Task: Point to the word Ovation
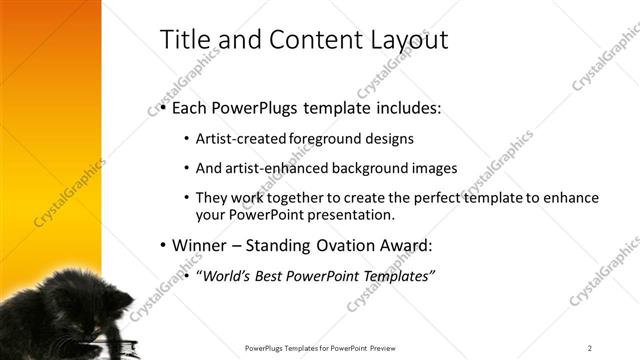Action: click(339, 244)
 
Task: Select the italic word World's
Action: click(225, 275)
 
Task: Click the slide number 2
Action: click(590, 348)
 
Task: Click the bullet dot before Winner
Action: click(163, 245)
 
